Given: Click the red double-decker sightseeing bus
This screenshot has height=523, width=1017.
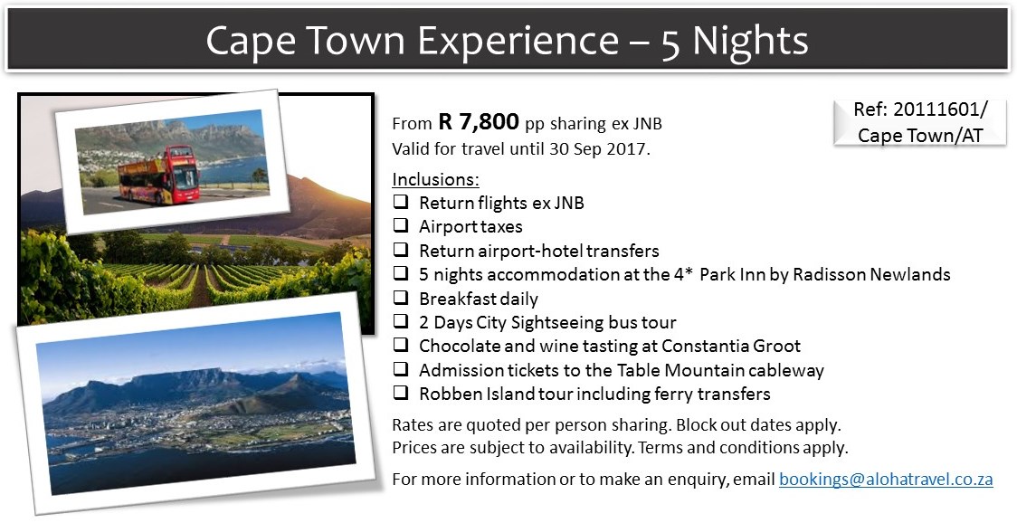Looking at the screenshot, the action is tap(159, 176).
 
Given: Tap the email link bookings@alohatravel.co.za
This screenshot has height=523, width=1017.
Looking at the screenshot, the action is tap(886, 480).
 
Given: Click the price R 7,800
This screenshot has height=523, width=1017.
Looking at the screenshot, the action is tap(479, 121).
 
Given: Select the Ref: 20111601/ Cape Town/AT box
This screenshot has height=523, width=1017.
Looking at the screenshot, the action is tap(919, 123).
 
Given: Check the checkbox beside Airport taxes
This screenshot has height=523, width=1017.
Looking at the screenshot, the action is tap(401, 226).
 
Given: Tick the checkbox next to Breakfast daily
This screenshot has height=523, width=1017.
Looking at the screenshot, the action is tap(401, 298).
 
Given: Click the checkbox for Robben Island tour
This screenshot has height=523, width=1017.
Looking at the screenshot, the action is tap(401, 393).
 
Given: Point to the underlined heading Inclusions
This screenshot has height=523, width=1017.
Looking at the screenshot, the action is tap(435, 179).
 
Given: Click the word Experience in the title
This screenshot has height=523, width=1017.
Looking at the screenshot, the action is tap(518, 41).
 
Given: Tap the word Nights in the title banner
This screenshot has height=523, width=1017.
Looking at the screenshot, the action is tap(750, 41).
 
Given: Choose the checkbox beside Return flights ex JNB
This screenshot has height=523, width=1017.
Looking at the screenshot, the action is tap(401, 202).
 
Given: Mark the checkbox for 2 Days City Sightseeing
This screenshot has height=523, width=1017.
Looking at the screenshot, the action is tap(401, 321).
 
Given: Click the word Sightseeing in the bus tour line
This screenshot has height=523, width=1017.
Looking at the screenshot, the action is tap(557, 322).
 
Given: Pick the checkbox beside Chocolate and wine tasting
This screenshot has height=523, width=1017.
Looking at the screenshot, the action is tap(401, 346).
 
